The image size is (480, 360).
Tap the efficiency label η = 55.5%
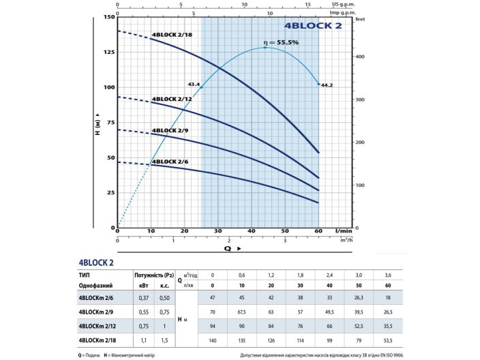[282, 42]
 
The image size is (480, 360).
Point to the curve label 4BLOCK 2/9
[170, 130]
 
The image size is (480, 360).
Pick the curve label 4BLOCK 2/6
[170, 161]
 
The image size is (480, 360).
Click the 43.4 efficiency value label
[194, 85]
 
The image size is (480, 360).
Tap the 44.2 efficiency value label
[327, 85]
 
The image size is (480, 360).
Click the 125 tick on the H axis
[109, 52]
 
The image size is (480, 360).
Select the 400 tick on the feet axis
[361, 57]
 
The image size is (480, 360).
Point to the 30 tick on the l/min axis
[218, 232]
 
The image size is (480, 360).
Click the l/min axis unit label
[334, 232]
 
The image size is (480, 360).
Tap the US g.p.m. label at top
[340, 3]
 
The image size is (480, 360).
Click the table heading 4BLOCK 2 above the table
[96, 262]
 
